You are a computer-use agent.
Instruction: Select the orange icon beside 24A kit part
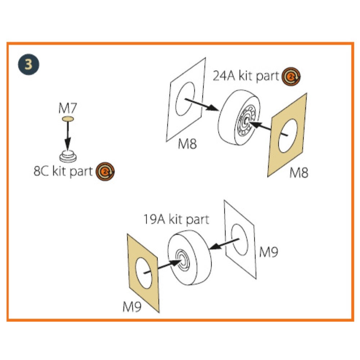291,76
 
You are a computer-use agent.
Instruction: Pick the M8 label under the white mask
188,144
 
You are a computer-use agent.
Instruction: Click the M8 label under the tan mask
299,173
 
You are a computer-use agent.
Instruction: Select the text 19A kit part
176,219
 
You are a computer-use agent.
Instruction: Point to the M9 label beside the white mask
269,252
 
